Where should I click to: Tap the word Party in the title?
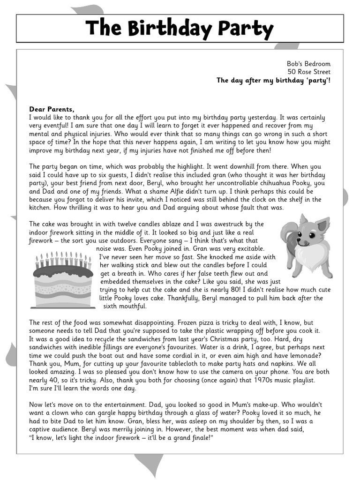click(247, 29)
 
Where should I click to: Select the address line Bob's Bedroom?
click(308, 64)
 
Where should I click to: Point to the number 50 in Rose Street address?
click(292, 72)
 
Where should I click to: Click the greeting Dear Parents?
click(52, 109)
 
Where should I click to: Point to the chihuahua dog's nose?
click(299, 242)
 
